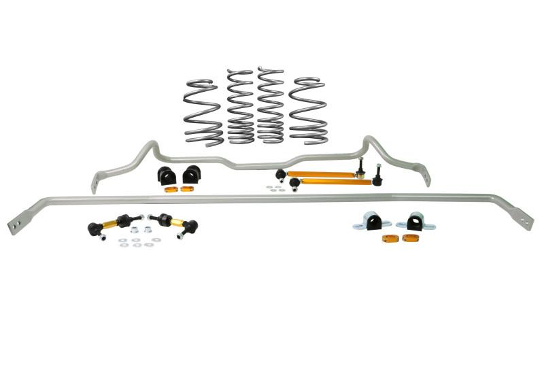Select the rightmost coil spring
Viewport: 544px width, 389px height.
[x=308, y=111]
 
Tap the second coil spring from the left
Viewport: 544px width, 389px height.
[x=239, y=107]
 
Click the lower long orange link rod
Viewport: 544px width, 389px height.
[x=333, y=182]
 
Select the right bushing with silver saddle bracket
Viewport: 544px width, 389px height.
[x=415, y=222]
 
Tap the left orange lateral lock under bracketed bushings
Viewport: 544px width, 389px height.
[x=390, y=238]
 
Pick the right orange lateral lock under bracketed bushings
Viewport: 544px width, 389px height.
[x=410, y=238]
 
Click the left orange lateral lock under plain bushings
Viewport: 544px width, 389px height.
[x=170, y=188]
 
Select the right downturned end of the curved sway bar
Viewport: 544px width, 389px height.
[x=426, y=178]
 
